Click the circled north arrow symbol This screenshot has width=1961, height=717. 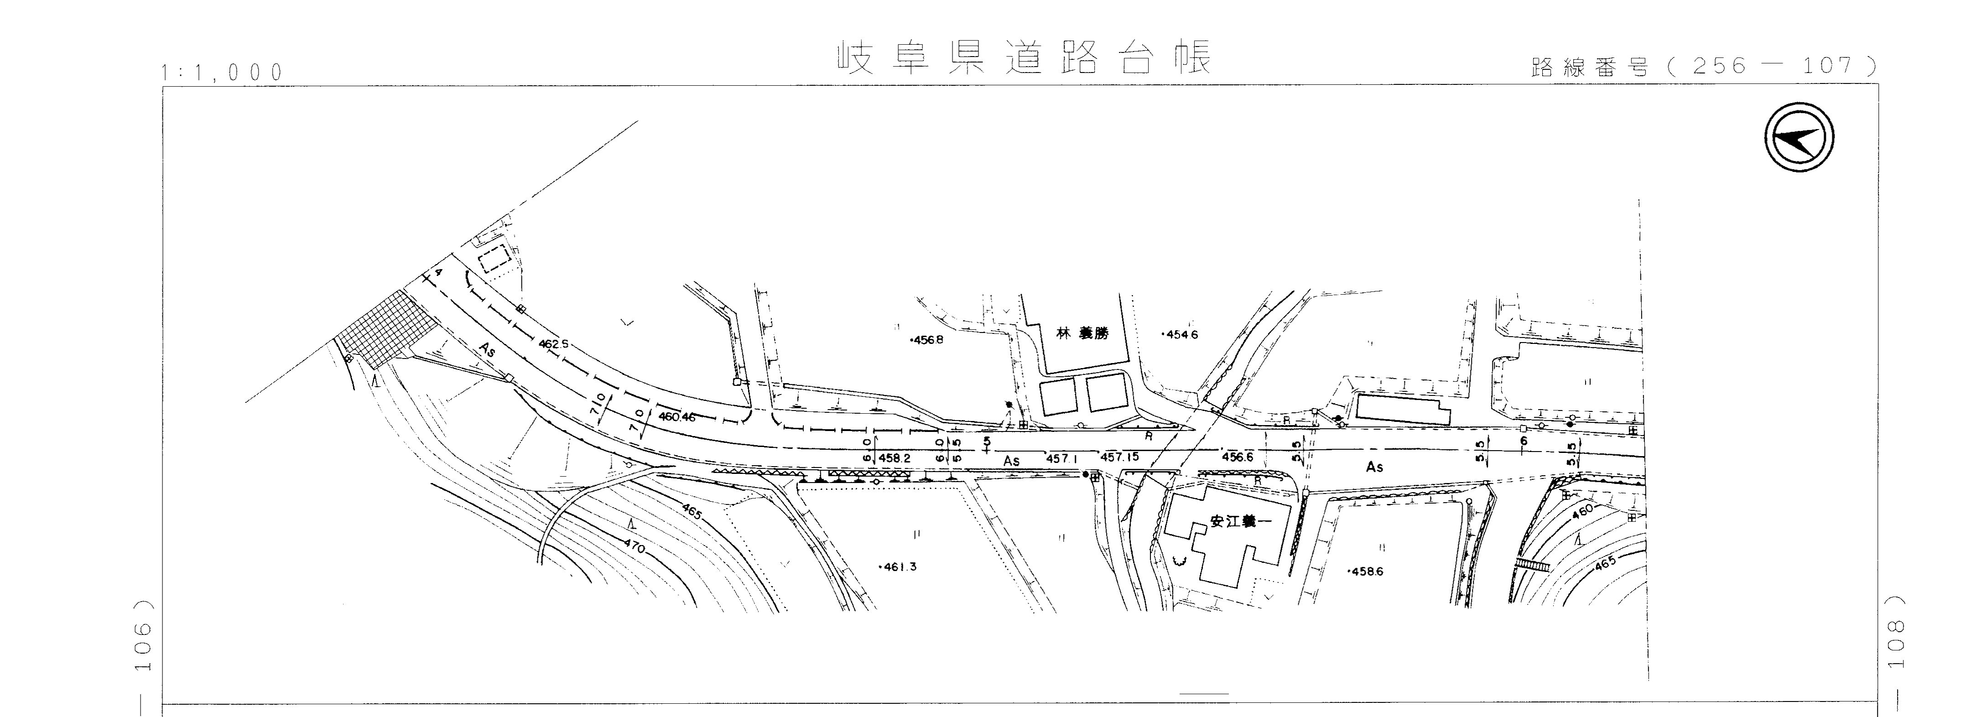click(x=1799, y=138)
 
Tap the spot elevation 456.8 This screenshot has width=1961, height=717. click(x=927, y=340)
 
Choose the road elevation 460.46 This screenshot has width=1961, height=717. click(x=677, y=416)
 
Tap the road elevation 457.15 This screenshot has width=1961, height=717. click(x=1120, y=457)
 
